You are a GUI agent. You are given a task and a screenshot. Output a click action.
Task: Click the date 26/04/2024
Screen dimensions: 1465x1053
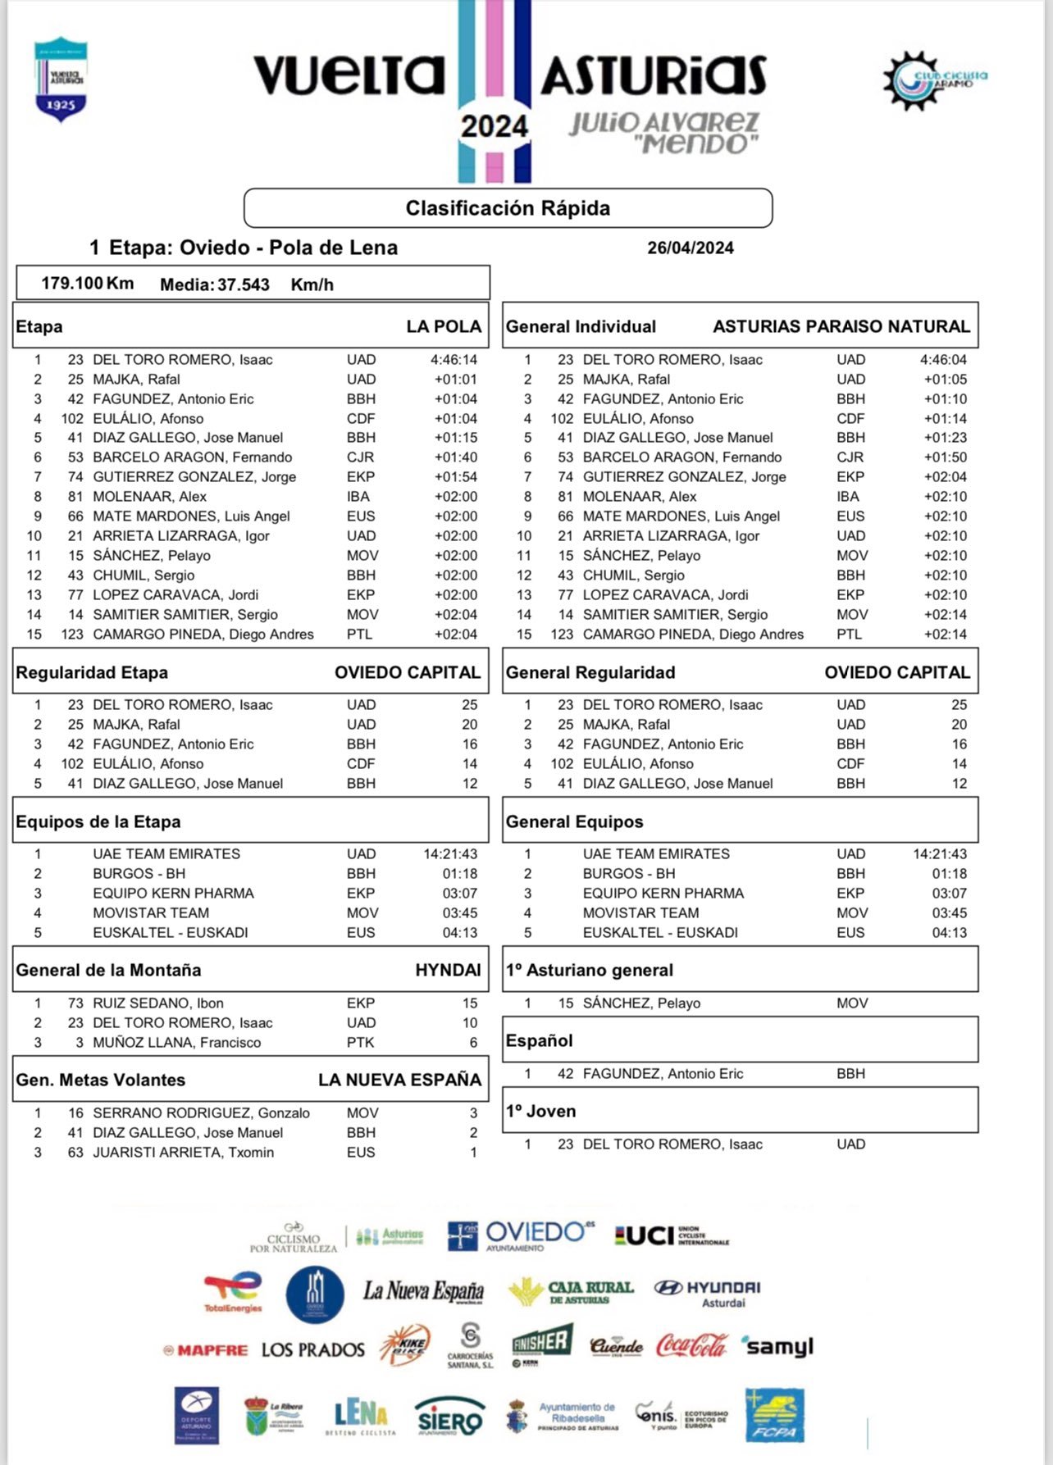click(x=690, y=248)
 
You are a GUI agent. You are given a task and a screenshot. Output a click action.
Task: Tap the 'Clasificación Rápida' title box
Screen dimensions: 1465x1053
click(x=508, y=208)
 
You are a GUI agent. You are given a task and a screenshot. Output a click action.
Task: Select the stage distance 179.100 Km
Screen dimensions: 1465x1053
click(x=87, y=284)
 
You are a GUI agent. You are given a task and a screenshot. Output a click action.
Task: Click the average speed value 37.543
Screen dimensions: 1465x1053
click(x=243, y=285)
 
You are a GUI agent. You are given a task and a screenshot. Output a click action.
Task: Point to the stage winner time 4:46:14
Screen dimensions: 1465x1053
click(x=454, y=360)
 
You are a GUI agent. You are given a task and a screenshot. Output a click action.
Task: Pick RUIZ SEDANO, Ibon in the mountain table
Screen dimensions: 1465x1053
click(x=158, y=1003)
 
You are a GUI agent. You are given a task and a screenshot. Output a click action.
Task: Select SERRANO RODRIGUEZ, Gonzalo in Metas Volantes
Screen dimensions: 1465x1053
click(x=201, y=1113)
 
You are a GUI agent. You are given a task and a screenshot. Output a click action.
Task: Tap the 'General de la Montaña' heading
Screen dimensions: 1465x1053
click(x=108, y=971)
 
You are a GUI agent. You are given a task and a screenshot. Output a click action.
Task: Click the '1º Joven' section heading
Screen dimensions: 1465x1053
click(x=541, y=1112)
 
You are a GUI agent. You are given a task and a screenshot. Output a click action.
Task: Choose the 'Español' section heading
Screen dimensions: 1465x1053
click(x=539, y=1041)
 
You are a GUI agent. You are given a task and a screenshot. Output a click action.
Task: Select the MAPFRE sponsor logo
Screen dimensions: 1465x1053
click(x=206, y=1350)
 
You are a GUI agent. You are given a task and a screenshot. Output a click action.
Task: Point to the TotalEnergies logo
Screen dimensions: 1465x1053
click(x=233, y=1292)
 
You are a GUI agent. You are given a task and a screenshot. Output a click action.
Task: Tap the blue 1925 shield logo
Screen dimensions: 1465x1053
click(x=62, y=80)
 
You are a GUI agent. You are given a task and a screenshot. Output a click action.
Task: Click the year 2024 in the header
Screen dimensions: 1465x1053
click(x=494, y=126)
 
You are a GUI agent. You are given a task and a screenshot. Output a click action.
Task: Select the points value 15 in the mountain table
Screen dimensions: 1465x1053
click(x=469, y=1003)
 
